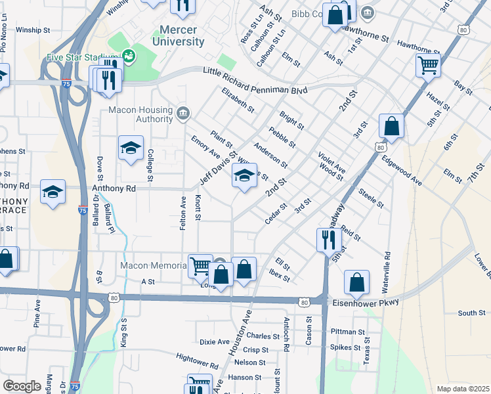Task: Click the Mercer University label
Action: tap(182, 35)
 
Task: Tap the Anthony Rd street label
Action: tap(114, 188)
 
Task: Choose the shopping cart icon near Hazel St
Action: tap(428, 65)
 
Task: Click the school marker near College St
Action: tap(131, 148)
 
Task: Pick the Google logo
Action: tap(22, 386)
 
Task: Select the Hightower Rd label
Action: tap(197, 359)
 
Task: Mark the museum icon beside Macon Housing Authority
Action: tap(182, 115)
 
